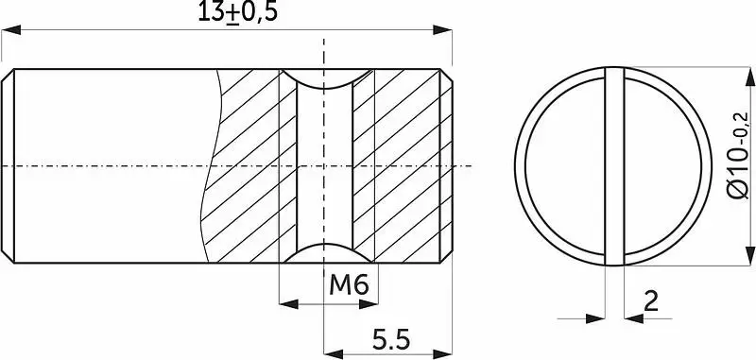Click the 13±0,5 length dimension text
(x=238, y=12)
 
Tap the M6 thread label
(x=349, y=285)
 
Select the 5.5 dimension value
(x=391, y=340)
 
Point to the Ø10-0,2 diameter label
(x=738, y=155)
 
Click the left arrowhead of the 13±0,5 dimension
(x=11, y=30)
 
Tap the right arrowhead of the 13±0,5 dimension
(x=442, y=30)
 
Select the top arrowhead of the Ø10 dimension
(x=749, y=77)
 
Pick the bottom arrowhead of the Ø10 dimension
(x=749, y=255)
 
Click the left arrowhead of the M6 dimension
(x=289, y=304)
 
